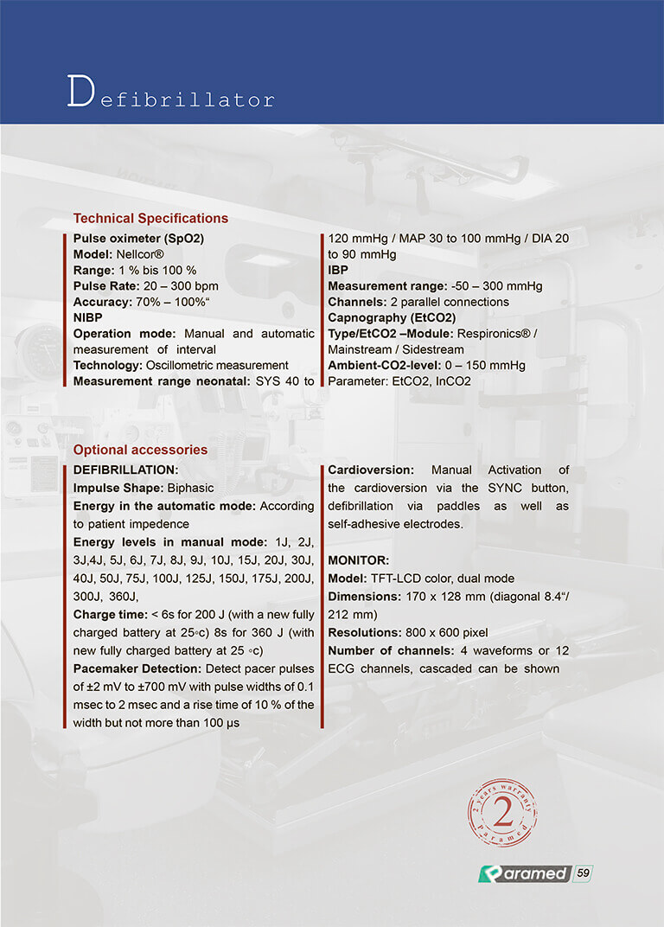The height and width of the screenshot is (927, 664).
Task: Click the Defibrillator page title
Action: click(170, 94)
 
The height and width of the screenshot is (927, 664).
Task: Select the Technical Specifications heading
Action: click(150, 218)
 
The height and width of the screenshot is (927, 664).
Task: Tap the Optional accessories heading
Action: click(140, 450)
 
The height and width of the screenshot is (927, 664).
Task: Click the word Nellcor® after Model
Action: click(140, 254)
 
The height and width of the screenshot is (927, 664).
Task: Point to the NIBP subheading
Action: click(88, 317)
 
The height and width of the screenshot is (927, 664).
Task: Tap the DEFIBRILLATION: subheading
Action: click(125, 470)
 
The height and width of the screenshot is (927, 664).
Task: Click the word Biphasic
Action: click(190, 488)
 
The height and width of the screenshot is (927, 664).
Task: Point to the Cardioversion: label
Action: click(371, 470)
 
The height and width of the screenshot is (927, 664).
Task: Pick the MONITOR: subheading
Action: click(359, 560)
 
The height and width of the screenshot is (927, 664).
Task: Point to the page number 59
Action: click(584, 873)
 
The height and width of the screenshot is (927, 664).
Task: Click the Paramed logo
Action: click(523, 873)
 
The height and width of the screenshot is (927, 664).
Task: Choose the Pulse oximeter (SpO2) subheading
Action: click(138, 238)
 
